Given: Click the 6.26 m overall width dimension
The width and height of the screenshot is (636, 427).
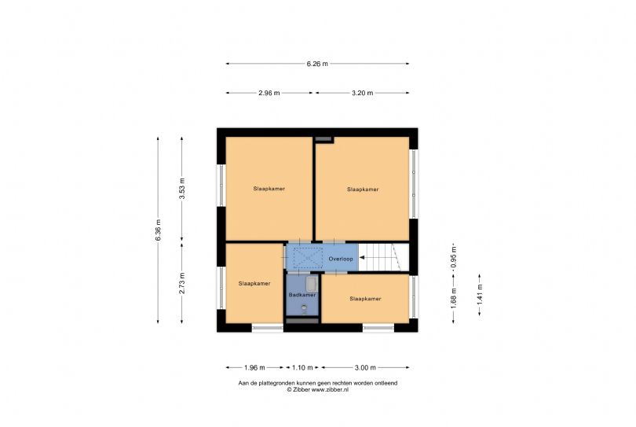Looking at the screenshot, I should coord(317,64).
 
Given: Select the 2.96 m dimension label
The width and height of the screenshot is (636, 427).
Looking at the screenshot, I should coord(270,93).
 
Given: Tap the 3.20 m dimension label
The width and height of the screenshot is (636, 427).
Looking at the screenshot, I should coord(362,93).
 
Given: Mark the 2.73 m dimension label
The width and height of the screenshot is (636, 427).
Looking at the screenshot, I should coord(182,282).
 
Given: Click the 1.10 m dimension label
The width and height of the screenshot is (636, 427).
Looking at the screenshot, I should coord(302,367).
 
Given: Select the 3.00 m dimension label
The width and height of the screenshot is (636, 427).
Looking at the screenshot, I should coord(365,367).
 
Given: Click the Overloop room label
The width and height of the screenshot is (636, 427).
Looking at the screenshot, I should coord(341,259).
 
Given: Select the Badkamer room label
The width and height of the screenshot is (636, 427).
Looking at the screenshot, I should coord(302,295).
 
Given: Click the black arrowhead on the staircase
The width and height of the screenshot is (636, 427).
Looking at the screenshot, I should coord(363,258).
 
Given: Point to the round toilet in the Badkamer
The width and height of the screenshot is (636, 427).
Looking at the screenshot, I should coord(303,309).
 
